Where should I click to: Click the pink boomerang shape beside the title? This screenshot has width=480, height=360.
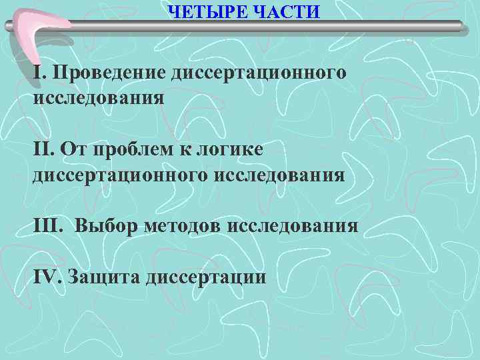point(40,33)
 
